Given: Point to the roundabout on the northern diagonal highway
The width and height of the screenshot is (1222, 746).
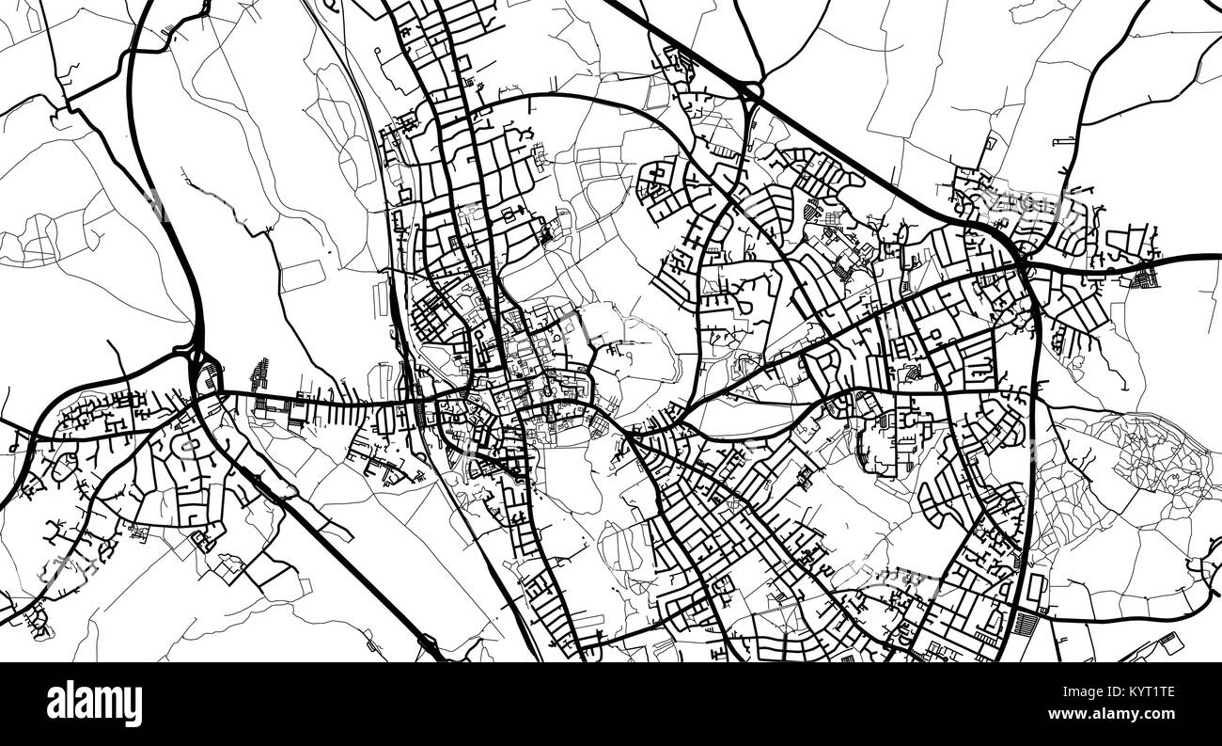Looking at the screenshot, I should (x=749, y=90).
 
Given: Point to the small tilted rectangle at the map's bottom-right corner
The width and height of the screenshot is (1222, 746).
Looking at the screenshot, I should (x=1171, y=643).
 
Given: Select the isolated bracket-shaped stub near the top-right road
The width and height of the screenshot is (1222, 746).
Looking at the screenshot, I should (x=1064, y=140).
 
